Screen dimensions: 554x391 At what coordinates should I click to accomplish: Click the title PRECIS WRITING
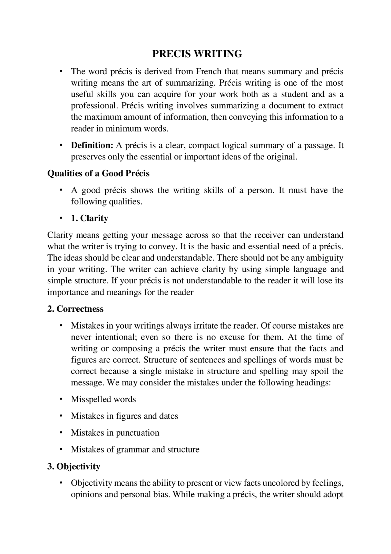tap(197, 54)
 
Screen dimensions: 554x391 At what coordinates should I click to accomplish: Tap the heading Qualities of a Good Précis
tap(98, 173)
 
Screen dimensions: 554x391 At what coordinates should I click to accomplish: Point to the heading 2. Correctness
tap(75, 309)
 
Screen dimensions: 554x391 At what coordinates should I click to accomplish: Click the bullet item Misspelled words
tap(103, 400)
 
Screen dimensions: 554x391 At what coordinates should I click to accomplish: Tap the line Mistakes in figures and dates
tap(124, 416)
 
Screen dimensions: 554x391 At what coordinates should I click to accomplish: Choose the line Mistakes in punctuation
tap(115, 433)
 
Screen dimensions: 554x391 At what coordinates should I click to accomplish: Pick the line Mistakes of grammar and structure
tap(135, 450)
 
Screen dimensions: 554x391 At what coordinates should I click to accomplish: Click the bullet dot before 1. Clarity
tap(61, 218)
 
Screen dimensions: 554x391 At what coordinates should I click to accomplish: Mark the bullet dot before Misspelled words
tap(61, 399)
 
